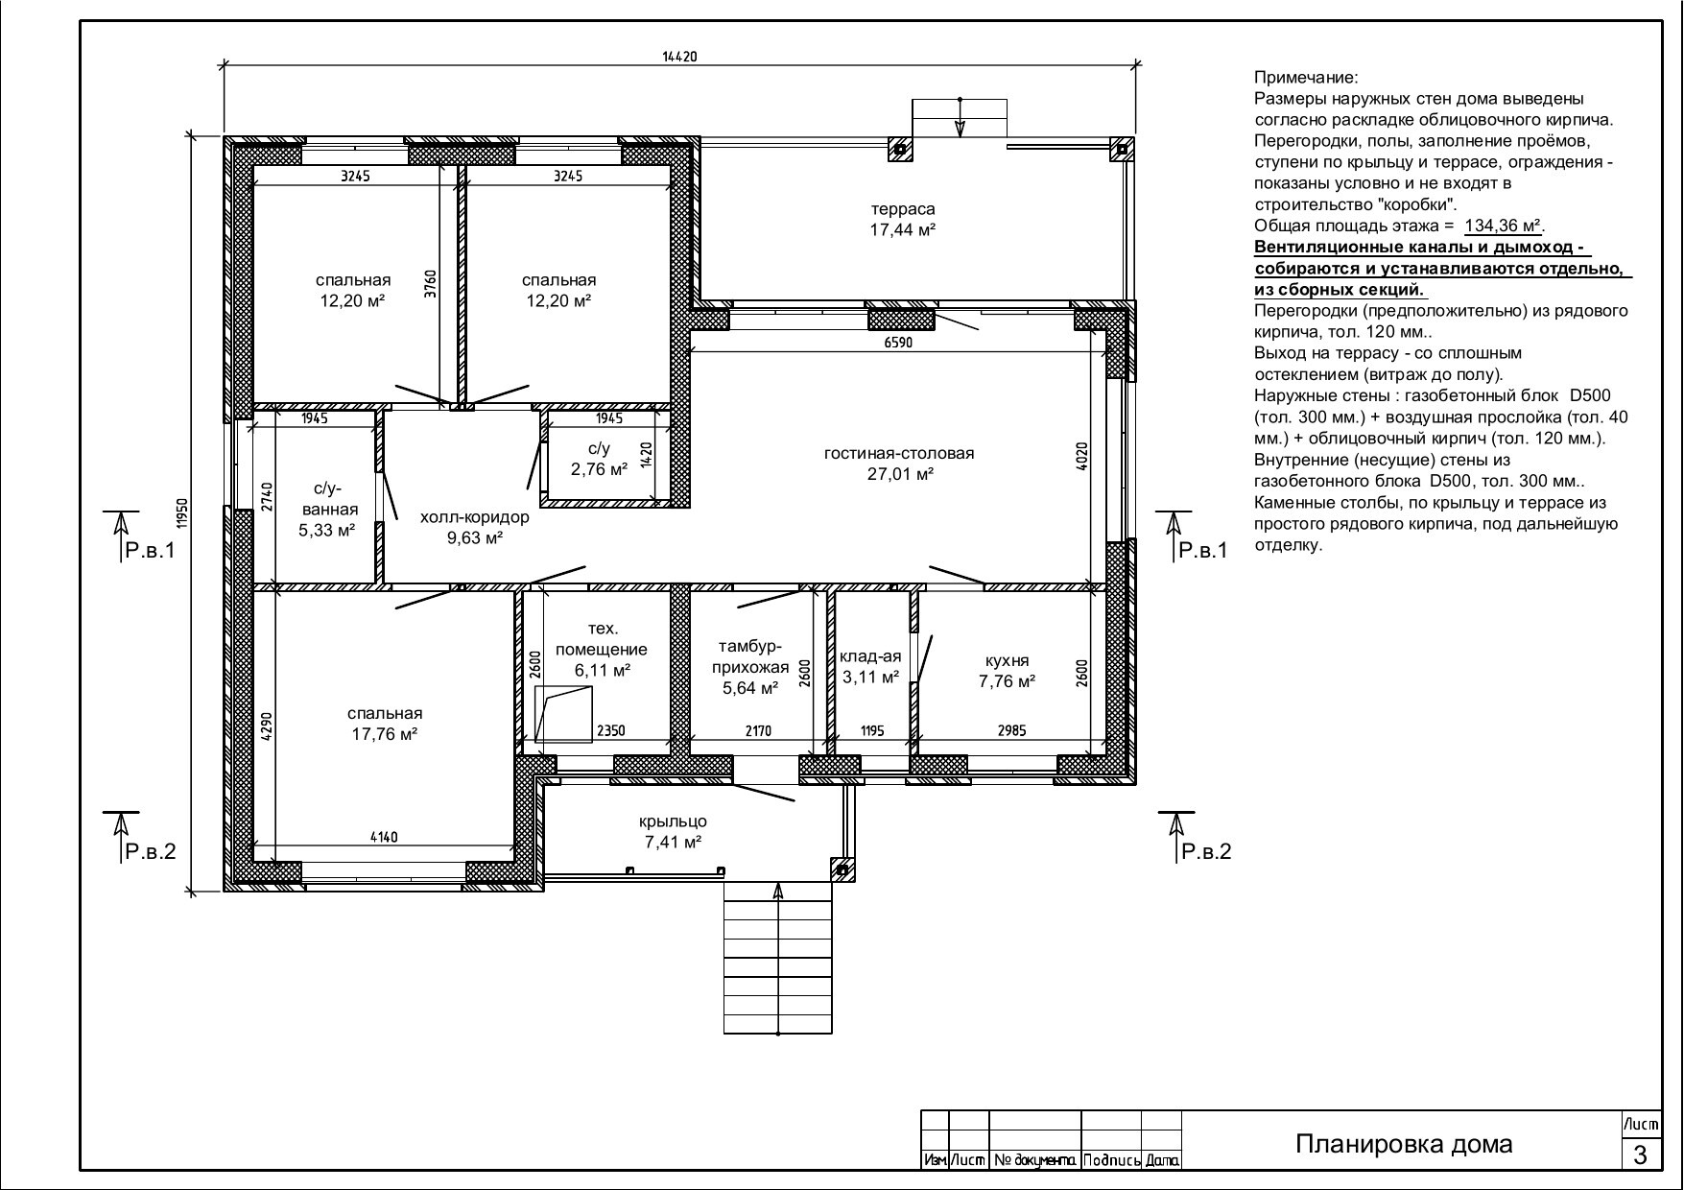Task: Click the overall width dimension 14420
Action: [x=678, y=57]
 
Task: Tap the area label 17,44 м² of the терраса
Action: [x=902, y=230]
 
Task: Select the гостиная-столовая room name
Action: [x=899, y=453]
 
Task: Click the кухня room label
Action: [x=1008, y=660]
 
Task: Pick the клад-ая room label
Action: [x=870, y=656]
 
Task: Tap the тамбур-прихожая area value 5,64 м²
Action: [x=750, y=687]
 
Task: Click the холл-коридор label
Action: [x=475, y=517]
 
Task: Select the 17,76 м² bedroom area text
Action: [x=385, y=734]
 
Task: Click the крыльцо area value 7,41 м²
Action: [x=674, y=843]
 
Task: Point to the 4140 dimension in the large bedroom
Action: [x=384, y=837]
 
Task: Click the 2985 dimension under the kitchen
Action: [x=1011, y=730]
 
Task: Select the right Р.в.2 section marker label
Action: [x=1205, y=851]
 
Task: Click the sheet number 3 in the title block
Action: [x=1640, y=1154]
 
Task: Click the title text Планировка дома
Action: [x=1404, y=1144]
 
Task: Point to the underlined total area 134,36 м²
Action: [x=1503, y=226]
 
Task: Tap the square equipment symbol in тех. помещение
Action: [x=563, y=714]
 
